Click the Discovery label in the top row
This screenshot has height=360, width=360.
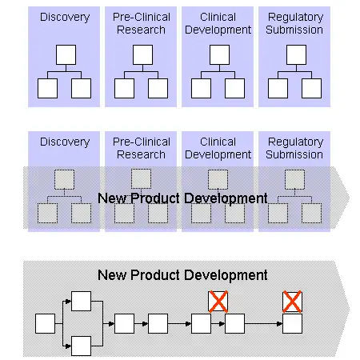point(65,18)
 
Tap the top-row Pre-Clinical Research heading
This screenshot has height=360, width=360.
point(142,23)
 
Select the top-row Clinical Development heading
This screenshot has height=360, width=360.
point(218,23)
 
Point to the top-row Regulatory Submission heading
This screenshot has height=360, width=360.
point(294,23)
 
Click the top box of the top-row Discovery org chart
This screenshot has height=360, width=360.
point(66,54)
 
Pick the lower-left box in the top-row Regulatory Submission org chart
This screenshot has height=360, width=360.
point(278,88)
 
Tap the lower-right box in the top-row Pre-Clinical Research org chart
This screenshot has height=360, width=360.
point(158,88)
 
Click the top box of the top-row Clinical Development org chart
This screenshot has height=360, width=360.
point(219,54)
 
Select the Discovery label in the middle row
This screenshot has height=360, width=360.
point(65,142)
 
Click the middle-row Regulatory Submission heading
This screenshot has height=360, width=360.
point(294,148)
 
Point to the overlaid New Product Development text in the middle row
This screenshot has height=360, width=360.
point(182,198)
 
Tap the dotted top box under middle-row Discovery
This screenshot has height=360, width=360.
point(64,179)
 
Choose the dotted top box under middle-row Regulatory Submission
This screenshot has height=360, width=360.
point(294,179)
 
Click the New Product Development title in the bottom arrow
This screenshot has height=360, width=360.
point(182,275)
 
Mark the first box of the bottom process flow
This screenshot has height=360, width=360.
point(45,323)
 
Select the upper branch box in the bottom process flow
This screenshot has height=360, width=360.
point(82,301)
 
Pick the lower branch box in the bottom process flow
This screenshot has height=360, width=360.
point(82,346)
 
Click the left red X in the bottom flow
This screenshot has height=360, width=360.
point(218,302)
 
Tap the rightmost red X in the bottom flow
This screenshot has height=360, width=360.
point(292,302)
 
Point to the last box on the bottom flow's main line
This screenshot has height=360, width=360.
point(292,323)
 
